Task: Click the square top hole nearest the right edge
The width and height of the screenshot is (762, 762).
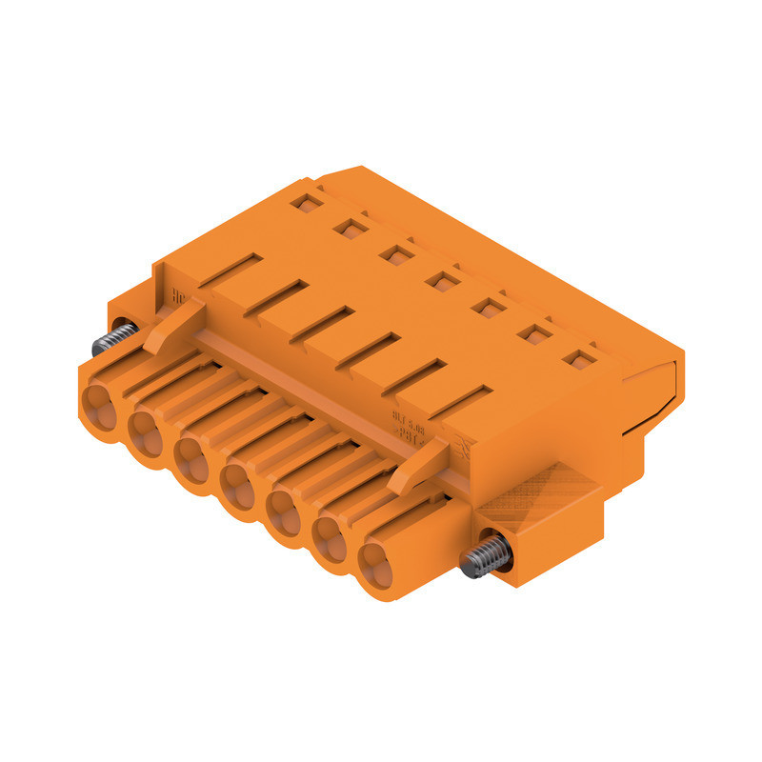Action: click(x=575, y=359)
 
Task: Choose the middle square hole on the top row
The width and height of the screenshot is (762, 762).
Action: click(x=440, y=280)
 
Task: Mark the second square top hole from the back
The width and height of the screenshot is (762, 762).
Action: click(x=350, y=228)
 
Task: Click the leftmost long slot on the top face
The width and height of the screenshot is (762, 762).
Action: click(x=229, y=271)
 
